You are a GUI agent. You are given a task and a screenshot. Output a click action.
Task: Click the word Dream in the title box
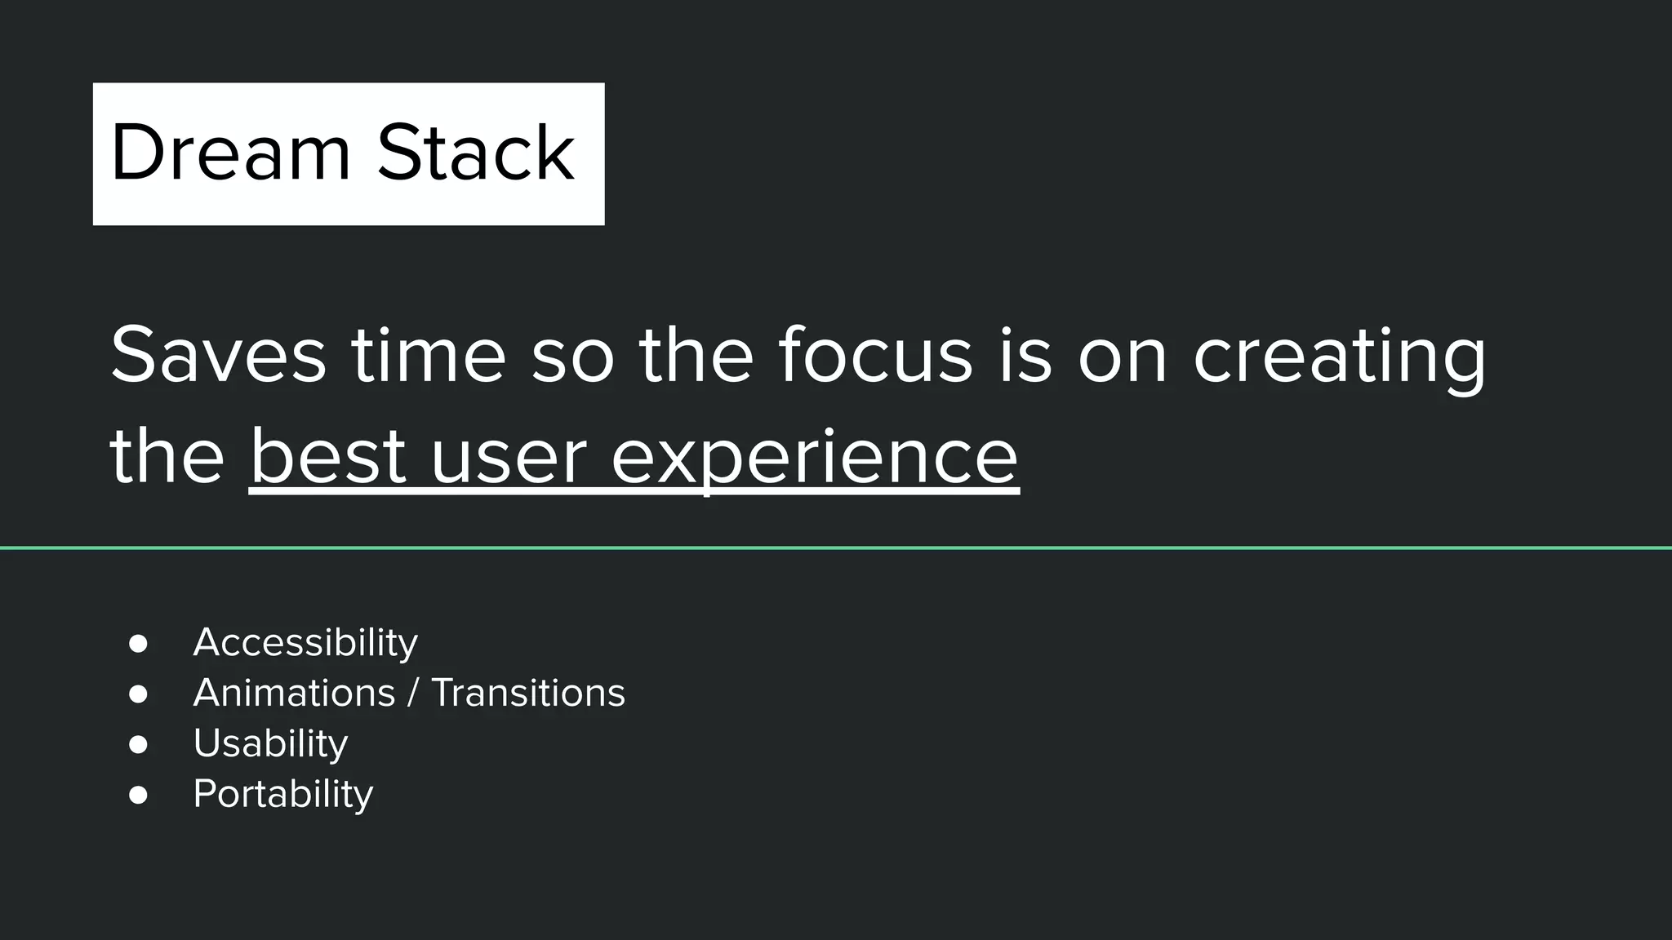(x=230, y=153)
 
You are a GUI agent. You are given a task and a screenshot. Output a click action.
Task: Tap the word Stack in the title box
(x=475, y=153)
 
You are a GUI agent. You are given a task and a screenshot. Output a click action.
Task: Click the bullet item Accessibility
(x=305, y=642)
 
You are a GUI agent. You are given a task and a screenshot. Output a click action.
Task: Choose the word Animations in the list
(x=294, y=693)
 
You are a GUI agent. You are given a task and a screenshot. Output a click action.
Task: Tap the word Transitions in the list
(x=527, y=693)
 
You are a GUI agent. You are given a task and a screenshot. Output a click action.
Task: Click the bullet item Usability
(x=270, y=743)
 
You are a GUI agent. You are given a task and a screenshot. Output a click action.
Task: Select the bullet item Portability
(x=282, y=794)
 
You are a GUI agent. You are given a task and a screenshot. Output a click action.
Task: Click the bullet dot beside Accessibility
(x=138, y=644)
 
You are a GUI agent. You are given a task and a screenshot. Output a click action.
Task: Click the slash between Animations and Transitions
(x=413, y=693)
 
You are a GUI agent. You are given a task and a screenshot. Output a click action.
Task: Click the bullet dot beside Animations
(x=138, y=694)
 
